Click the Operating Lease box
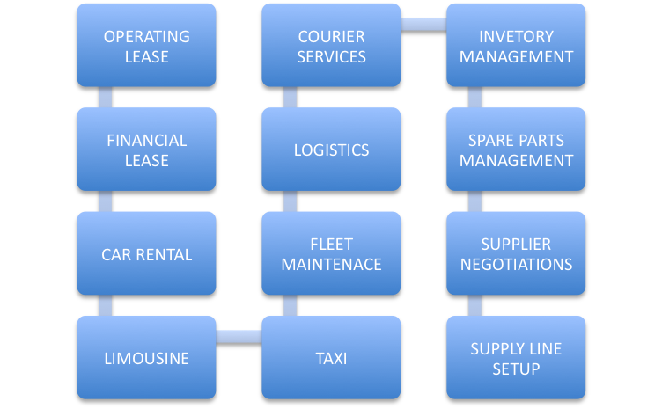(146, 47)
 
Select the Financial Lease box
(146, 150)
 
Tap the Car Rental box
(146, 254)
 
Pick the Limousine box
(146, 358)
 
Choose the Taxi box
(331, 358)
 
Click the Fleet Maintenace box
(331, 254)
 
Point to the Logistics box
(331, 150)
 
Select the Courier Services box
(331, 47)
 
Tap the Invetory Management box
(516, 47)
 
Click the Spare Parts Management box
(516, 150)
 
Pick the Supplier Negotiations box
(516, 254)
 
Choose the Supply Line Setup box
(516, 358)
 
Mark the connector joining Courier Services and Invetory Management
(423, 26)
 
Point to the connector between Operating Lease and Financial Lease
(106, 98)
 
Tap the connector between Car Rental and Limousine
(106, 305)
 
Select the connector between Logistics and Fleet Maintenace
(291, 201)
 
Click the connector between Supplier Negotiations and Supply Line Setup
(475, 305)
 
